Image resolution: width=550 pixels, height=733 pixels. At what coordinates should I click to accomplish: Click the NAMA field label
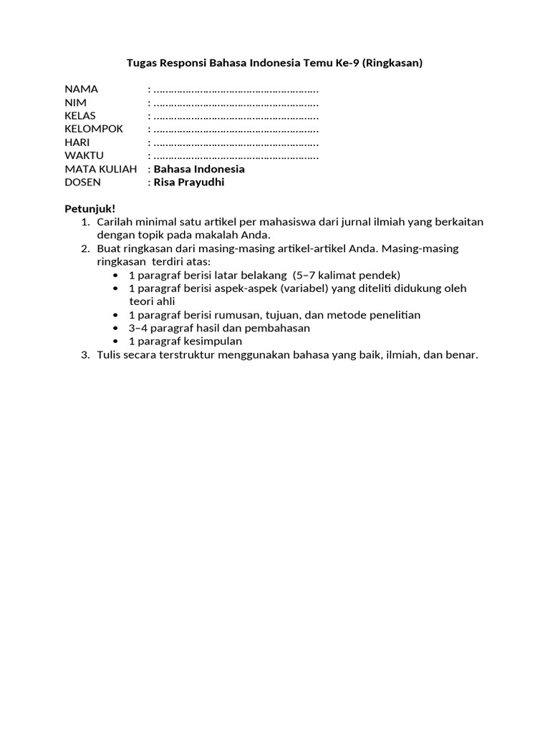tap(81, 89)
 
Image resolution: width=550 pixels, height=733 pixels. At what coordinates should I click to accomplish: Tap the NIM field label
tap(75, 102)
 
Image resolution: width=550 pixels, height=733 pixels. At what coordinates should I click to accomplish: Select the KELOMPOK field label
tap(94, 129)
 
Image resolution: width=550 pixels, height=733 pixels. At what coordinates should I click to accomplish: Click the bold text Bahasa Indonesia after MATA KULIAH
tap(199, 169)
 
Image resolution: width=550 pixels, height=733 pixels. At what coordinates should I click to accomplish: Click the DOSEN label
tap(82, 182)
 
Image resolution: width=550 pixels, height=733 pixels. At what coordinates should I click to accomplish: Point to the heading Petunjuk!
tap(90, 208)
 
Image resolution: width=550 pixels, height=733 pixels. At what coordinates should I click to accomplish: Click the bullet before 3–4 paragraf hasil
tap(117, 328)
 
